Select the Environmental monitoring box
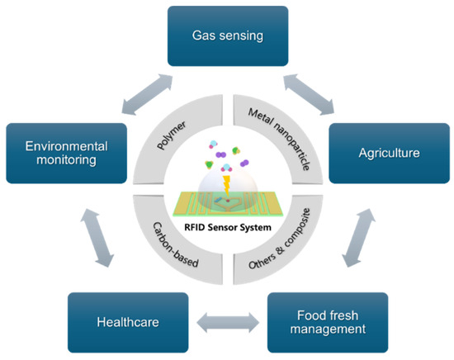(x=66, y=153)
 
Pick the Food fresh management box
(x=329, y=322)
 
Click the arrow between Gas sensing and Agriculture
(x=306, y=92)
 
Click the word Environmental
(x=66, y=145)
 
